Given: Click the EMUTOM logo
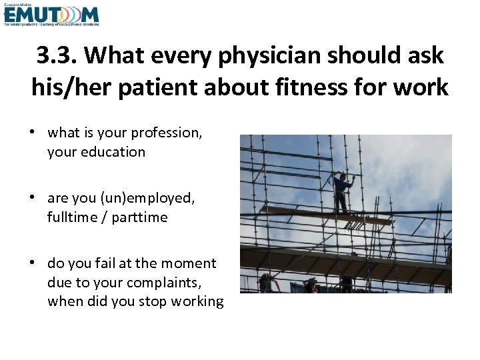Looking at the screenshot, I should tap(51, 15).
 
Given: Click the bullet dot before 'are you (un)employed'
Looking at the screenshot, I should tap(33, 198).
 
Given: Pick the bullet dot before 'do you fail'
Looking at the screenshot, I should tap(33, 263).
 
